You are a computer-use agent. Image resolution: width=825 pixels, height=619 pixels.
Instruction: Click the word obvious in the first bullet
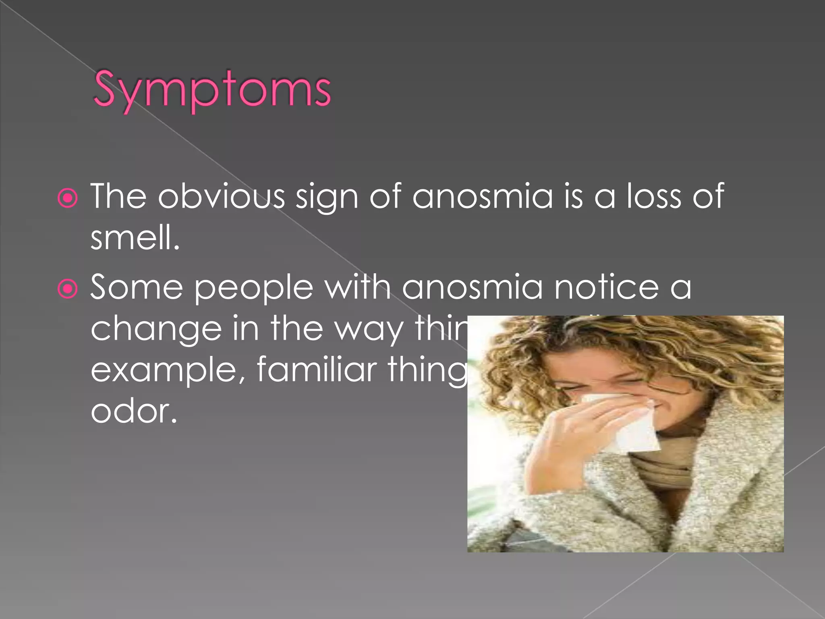click(221, 196)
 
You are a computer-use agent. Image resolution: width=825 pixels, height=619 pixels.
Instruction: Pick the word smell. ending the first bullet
click(135, 238)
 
